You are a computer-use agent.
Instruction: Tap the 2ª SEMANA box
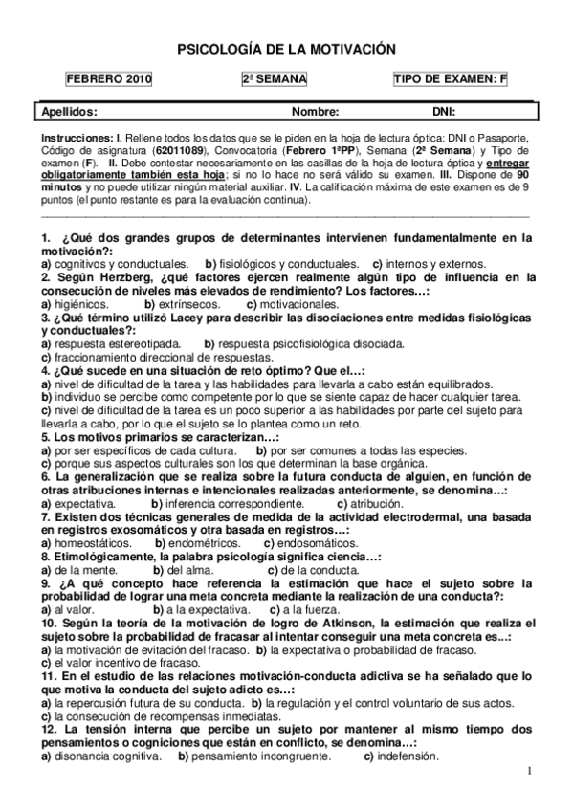point(276,80)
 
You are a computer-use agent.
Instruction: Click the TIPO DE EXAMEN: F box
point(450,80)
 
